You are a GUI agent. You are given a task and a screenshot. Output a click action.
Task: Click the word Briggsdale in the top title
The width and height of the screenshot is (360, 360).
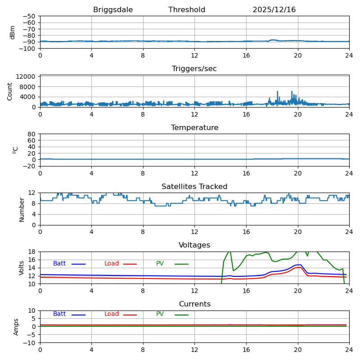pos(113,10)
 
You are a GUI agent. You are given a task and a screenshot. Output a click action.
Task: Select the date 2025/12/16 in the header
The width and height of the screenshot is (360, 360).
pos(274,10)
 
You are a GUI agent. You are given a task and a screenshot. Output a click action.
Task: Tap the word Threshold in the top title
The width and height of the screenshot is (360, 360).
pos(187,10)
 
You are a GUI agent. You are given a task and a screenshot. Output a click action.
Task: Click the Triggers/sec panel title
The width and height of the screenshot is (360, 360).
pos(194,69)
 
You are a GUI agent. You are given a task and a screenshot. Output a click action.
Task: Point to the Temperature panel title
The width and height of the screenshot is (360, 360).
pos(194,128)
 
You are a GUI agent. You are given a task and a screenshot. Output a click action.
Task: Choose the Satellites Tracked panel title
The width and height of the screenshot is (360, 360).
pos(194,187)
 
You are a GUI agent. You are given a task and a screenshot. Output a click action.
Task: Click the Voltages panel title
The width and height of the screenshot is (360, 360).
pos(194,245)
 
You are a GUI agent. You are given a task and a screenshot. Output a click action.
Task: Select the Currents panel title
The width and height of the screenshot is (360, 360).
pos(194,304)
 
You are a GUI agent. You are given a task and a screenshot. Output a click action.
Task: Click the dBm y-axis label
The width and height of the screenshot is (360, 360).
pos(13,32)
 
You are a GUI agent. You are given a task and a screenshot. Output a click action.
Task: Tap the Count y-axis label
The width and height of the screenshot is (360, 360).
pos(10,91)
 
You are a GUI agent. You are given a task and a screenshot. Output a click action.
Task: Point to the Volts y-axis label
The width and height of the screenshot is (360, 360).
pos(22,268)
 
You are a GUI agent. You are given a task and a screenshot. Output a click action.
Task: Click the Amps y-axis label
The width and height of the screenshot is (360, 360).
pos(16,327)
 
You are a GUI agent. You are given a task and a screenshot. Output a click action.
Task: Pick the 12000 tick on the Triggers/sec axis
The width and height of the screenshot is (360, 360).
pos(27,77)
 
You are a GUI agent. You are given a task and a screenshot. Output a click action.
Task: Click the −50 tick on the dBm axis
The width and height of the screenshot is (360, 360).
pos(29,16)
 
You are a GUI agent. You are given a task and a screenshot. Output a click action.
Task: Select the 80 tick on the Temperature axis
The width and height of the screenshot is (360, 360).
pos(32,134)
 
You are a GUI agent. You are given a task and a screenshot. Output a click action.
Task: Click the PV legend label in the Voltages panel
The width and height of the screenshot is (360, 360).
pos(160,264)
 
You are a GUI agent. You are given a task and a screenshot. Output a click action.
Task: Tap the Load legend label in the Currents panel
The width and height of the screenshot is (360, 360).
pos(112,314)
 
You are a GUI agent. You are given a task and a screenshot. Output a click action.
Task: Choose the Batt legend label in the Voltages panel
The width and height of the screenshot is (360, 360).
pos(59,264)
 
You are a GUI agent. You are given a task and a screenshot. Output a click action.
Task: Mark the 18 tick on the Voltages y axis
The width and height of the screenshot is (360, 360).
pos(32,252)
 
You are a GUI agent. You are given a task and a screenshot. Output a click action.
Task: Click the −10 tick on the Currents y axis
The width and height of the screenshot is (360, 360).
pos(29,343)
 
